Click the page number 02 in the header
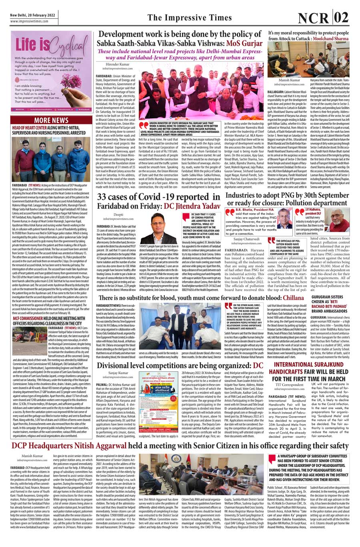pos(342,18)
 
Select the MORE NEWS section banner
pos(51,120)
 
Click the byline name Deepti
pos(118,214)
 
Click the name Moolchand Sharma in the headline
pos(330,39)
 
